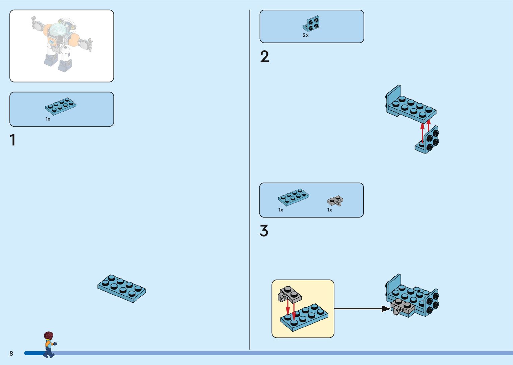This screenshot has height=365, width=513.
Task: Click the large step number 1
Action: tap(13, 140)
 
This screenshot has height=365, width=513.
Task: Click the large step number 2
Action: tap(264, 57)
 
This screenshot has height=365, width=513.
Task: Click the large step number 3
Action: tap(264, 231)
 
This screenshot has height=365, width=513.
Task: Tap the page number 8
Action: tap(11, 353)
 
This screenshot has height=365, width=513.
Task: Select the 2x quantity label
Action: tap(306, 35)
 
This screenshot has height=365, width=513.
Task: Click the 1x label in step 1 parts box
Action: tap(48, 119)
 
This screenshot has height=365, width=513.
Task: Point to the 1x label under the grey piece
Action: tap(330, 210)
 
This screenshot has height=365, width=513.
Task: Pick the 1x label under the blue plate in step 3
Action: tap(281, 210)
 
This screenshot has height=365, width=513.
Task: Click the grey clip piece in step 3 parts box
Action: tap(335, 201)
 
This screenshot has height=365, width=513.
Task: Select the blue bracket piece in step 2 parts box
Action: tap(312, 24)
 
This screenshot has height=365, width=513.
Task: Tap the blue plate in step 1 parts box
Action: tap(61, 105)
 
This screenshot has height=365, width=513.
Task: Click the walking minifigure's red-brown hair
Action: tap(49, 335)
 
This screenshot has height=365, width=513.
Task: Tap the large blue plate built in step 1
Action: tap(122, 288)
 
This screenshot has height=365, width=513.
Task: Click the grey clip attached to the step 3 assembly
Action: tap(402, 307)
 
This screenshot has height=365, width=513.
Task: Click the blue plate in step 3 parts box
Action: tap(294, 197)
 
